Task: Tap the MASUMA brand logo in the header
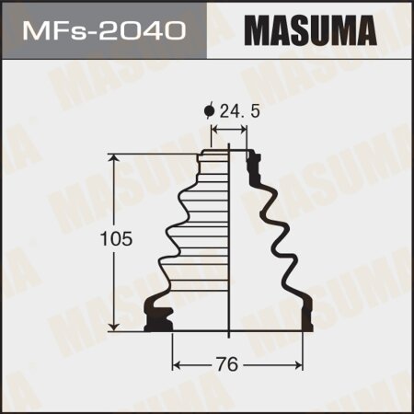click(x=310, y=30)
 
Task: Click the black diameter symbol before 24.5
click(x=209, y=111)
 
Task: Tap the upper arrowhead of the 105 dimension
click(x=114, y=159)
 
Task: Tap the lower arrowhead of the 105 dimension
click(x=114, y=326)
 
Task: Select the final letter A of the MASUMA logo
click(x=362, y=30)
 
